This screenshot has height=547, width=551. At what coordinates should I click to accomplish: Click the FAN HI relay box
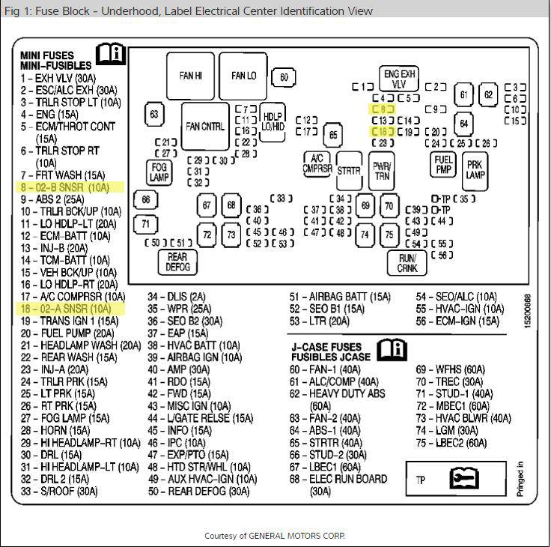click(191, 76)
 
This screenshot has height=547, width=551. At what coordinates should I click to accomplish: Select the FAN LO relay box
click(243, 76)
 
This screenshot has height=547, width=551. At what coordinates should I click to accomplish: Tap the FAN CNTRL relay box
click(205, 126)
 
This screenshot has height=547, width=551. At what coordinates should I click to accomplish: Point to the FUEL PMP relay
click(443, 165)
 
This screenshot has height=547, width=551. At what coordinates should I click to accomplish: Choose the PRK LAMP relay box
click(475, 170)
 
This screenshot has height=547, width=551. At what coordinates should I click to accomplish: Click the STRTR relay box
click(349, 171)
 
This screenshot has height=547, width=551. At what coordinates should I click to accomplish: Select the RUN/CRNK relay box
click(407, 263)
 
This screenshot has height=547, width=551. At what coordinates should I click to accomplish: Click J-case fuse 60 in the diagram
click(284, 76)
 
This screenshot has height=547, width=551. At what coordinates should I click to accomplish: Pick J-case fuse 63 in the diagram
click(155, 115)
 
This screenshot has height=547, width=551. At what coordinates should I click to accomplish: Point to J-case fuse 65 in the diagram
click(332, 136)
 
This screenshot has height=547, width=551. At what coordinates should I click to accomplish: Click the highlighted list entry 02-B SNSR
click(64, 187)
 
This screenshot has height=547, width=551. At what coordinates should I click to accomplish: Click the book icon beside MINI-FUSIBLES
click(112, 55)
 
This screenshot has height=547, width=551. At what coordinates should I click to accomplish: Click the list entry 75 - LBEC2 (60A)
click(451, 443)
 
